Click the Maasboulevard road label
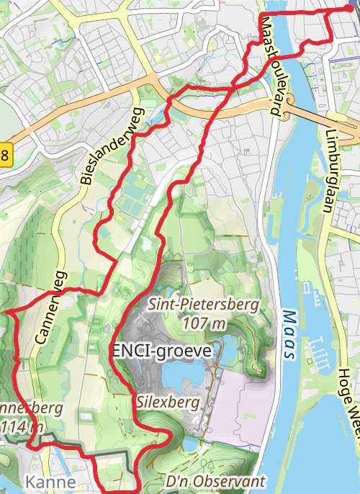pos(271,66)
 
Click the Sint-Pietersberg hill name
pos(203,305)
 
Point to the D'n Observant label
pos(215,480)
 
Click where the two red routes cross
pos(234,86)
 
